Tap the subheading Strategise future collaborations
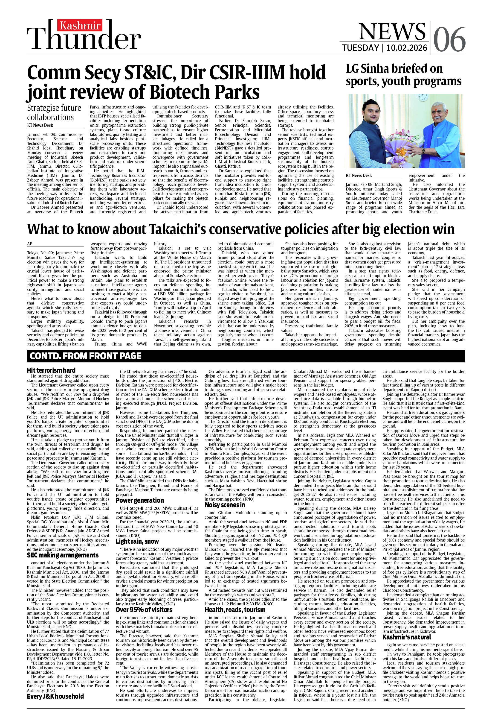54,113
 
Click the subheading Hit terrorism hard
51,370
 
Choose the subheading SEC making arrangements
63,555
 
